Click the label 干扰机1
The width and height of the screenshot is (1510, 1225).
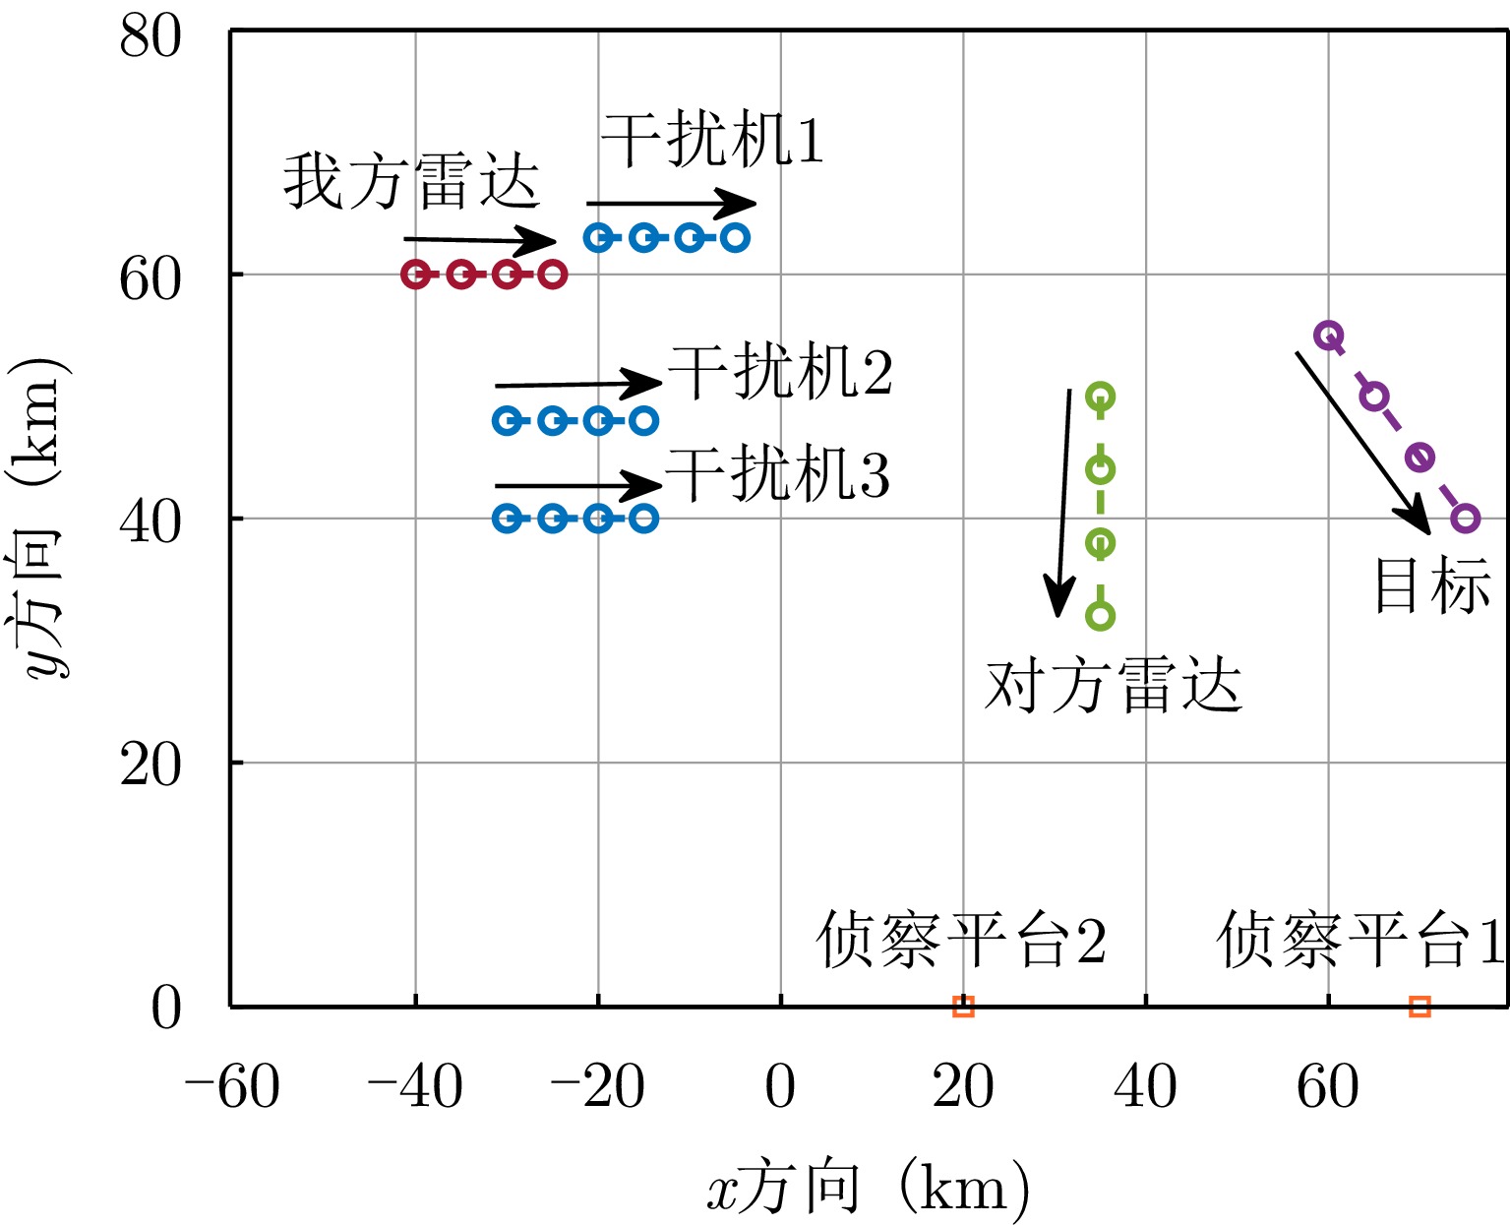click(712, 140)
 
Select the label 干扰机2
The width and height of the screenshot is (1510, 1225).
click(780, 372)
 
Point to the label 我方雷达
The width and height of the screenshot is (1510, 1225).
click(412, 182)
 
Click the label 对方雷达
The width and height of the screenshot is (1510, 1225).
click(1114, 686)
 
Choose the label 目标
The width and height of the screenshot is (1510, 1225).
click(1431, 587)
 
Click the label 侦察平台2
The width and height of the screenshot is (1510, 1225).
click(961, 940)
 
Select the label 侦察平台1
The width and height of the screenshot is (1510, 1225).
click(1360, 940)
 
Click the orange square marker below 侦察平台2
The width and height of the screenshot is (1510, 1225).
click(963, 1006)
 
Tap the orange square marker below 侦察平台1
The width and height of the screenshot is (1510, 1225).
click(1419, 1006)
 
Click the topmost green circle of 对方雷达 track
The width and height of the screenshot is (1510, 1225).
click(1100, 397)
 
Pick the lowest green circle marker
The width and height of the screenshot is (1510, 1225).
click(1100, 616)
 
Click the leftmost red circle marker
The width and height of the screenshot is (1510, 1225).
click(416, 275)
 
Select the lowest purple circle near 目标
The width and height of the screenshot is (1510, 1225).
click(1465, 519)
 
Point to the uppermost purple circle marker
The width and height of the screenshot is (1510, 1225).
click(1329, 336)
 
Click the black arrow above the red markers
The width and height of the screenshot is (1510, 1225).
click(480, 240)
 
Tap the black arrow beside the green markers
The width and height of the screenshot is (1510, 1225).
click(1063, 502)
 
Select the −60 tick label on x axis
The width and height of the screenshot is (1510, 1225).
click(232, 1088)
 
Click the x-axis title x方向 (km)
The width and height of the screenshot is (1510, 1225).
click(869, 1188)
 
